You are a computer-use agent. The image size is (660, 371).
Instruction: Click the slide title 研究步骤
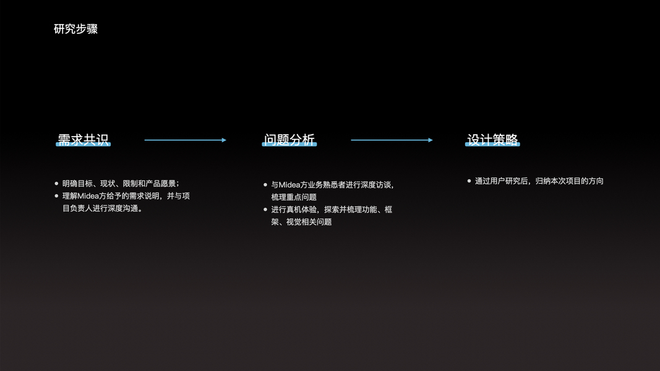click(x=75, y=29)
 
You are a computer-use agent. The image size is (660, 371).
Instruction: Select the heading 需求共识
click(x=84, y=139)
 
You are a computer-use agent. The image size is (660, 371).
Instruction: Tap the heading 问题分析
click(x=289, y=139)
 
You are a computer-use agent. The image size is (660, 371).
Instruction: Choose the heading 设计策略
click(x=493, y=139)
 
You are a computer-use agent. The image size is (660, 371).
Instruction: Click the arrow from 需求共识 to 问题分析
click(x=185, y=140)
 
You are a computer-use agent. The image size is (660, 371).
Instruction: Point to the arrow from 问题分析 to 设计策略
click(x=392, y=140)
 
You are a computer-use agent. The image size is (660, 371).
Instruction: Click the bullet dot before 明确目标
click(x=56, y=184)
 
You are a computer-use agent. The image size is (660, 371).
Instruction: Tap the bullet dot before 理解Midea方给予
click(x=56, y=196)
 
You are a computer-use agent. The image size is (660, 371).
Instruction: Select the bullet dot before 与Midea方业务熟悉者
click(x=265, y=184)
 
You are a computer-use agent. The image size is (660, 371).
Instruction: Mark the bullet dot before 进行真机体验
click(x=265, y=210)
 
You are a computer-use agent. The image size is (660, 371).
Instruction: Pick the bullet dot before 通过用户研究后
click(x=469, y=181)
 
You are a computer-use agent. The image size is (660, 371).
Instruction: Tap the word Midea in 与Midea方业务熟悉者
click(x=289, y=185)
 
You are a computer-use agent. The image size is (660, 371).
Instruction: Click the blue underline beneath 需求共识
click(x=84, y=145)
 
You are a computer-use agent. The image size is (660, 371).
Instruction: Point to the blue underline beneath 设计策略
click(x=493, y=145)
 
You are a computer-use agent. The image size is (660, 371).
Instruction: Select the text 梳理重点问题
click(x=294, y=197)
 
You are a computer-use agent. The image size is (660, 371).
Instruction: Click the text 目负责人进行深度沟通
click(x=103, y=208)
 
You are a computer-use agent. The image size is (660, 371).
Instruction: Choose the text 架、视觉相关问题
click(x=301, y=222)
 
